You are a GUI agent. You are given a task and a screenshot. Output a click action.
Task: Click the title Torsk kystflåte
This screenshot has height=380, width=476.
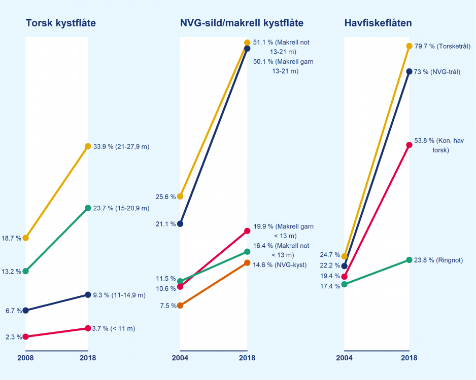(60, 23)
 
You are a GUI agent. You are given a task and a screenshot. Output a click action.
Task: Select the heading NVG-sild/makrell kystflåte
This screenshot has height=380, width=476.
(242, 23)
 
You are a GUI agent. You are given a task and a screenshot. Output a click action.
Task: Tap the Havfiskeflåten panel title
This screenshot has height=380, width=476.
(378, 23)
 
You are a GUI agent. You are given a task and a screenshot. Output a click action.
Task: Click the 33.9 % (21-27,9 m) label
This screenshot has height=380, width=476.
(121, 146)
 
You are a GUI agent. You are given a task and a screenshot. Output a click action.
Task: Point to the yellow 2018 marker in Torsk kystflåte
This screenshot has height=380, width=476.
(88, 146)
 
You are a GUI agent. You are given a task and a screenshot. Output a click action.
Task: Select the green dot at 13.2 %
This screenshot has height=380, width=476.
(25, 271)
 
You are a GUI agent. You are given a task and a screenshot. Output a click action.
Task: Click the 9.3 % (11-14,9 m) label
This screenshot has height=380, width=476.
(119, 295)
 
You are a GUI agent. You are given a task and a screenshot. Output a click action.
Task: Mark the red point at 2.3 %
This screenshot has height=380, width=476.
(25, 336)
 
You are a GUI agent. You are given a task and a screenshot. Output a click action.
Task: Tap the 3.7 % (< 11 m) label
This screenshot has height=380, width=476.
(114, 329)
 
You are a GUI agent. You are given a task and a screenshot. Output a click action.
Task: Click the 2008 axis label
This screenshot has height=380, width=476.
(25, 358)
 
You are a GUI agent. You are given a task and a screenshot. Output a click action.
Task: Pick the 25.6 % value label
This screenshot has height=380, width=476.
(166, 197)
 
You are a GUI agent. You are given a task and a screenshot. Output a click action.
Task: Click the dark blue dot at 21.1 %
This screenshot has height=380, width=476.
(180, 223)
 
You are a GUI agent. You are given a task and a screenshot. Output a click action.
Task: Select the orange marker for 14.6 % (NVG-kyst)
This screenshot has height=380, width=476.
(247, 262)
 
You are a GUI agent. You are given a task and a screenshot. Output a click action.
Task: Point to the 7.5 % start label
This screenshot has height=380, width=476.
(167, 306)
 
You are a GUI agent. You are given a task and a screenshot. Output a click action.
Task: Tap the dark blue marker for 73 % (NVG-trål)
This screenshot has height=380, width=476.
(409, 71)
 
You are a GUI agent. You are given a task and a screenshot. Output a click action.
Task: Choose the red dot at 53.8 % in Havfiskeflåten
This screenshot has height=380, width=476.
(409, 145)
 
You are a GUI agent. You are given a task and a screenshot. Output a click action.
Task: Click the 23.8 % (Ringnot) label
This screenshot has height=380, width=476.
(438, 260)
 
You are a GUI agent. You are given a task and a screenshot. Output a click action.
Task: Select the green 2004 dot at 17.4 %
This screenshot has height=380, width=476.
(345, 284)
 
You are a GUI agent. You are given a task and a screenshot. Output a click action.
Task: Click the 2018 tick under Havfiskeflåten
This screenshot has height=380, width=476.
(409, 358)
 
